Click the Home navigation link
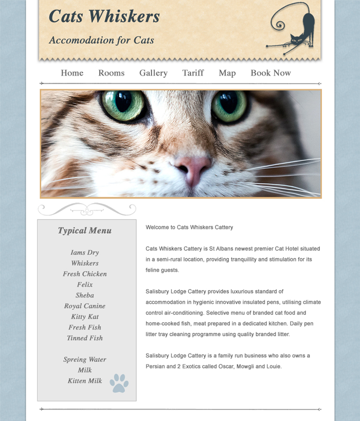click(x=72, y=73)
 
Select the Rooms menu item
click(x=111, y=73)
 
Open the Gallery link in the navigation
click(x=153, y=73)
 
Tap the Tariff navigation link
click(x=193, y=73)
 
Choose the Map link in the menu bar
click(x=227, y=73)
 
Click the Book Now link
click(x=271, y=73)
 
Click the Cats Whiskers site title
click(x=104, y=16)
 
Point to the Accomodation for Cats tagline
click(x=101, y=40)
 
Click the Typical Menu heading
click(x=85, y=231)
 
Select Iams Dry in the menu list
click(x=85, y=253)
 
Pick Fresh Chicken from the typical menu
click(x=85, y=274)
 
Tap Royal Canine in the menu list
click(x=85, y=306)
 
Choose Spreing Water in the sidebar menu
click(x=85, y=360)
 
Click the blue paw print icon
click(x=119, y=383)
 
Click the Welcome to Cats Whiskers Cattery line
click(x=189, y=227)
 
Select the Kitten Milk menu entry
click(x=85, y=381)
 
